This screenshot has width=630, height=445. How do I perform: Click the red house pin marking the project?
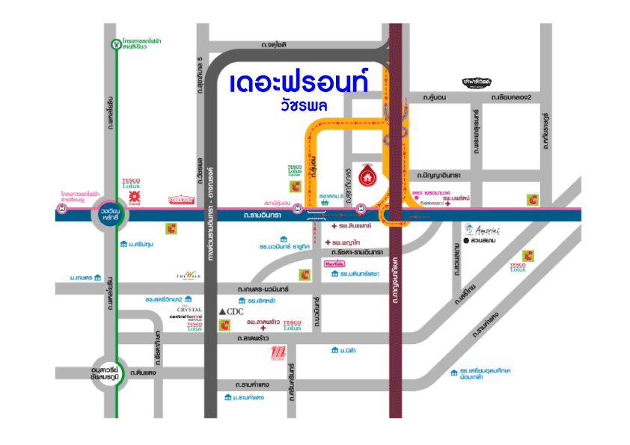tap(367, 174)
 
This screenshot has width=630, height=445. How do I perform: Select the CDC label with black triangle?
tap(230, 310)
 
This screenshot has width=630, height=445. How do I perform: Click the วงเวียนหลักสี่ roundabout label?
tap(111, 215)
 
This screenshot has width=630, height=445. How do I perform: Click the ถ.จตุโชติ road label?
tap(275, 46)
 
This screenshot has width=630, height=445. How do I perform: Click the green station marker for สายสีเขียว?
tap(114, 44)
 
